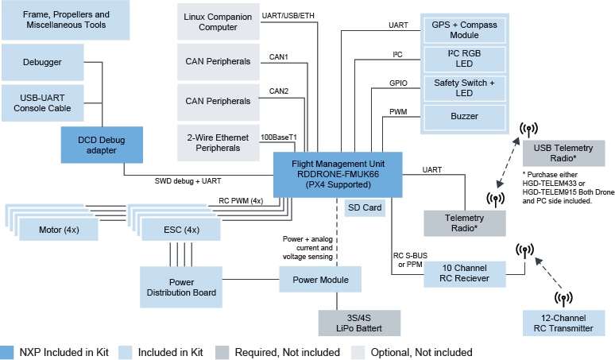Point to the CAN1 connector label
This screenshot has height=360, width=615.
point(279,56)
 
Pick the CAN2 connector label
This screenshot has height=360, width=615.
point(279,91)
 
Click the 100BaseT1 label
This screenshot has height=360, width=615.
point(279,137)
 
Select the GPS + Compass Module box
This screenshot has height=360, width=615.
point(464,30)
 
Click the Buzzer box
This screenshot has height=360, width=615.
point(464,116)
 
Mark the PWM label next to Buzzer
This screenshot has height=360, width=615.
point(400,111)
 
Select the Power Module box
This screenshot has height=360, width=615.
point(320,279)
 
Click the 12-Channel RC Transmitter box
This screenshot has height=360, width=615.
point(564,323)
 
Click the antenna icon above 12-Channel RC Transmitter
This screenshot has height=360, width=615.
point(563,298)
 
